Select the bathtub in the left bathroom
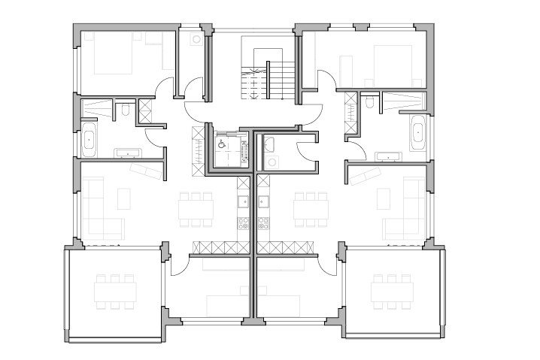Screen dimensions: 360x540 pos(87,141)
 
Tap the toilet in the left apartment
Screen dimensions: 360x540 pos(125,112)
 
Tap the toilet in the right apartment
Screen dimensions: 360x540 pos(370,104)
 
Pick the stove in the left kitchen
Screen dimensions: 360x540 pos(244,223)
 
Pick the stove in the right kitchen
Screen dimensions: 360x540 pos(264,223)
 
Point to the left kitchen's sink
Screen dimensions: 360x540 pos(244,201)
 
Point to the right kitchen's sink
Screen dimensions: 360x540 pos(264,201)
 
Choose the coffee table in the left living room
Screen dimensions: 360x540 pos(125,198)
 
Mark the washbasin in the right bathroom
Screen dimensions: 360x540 pos(390,156)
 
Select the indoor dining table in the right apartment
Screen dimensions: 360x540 pos(311,207)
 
